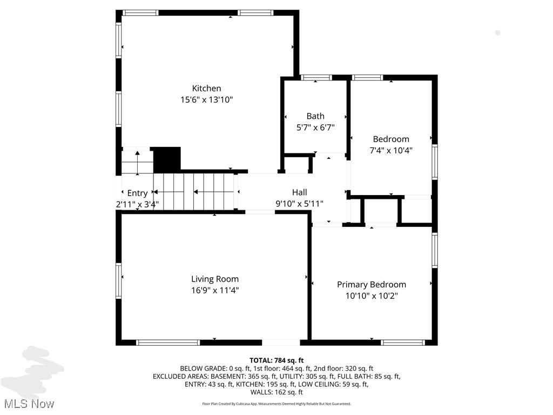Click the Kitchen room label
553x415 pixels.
[207, 88]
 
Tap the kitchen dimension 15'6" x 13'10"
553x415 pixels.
[207, 99]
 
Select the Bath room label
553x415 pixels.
[315, 116]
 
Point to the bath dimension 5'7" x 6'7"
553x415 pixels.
[315, 128]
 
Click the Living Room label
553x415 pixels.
[215, 279]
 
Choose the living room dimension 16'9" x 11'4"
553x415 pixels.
[215, 290]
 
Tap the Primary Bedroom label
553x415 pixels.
[372, 284]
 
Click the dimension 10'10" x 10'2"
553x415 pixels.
[372, 296]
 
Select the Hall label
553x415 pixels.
[299, 192]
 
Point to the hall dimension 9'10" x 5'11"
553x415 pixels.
[299, 204]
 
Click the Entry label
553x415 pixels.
[137, 193]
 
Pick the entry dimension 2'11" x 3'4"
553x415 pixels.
[137, 204]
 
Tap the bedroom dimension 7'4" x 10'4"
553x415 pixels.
[391, 150]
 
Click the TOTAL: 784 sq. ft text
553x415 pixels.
[276, 360]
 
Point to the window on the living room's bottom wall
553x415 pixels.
[168, 342]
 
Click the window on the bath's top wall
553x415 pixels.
[316, 77]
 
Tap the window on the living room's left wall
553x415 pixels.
[119, 273]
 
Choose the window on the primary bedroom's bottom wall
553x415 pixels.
[403, 342]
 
